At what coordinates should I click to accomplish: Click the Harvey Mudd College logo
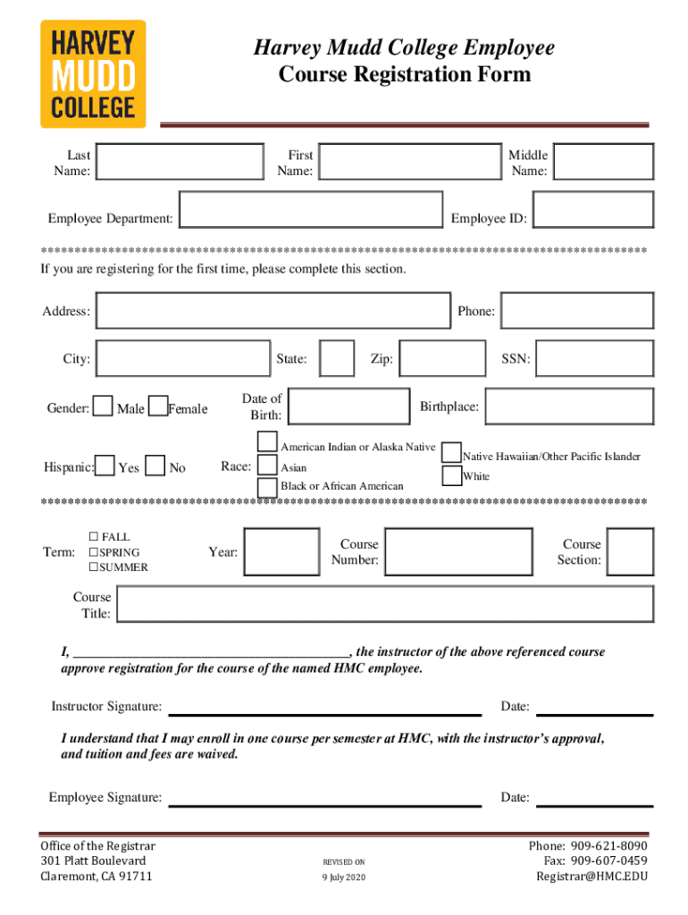pyautogui.click(x=92, y=74)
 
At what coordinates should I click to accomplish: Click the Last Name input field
pyautogui.click(x=180, y=162)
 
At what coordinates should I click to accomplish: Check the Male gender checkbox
pyautogui.click(x=103, y=407)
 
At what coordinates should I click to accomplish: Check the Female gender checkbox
pyautogui.click(x=158, y=407)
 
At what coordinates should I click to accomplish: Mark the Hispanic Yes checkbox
pyautogui.click(x=105, y=466)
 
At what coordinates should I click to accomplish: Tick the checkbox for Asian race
pyautogui.click(x=267, y=466)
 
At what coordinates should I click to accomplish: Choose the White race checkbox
pyautogui.click(x=452, y=474)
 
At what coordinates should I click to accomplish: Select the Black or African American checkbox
pyautogui.click(x=267, y=487)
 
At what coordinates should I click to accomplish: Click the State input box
pyautogui.click(x=337, y=358)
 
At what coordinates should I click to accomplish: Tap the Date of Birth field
pyautogui.click(x=349, y=407)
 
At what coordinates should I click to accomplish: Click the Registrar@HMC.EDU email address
pyautogui.click(x=592, y=876)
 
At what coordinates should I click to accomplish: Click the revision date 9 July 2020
pyautogui.click(x=344, y=877)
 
